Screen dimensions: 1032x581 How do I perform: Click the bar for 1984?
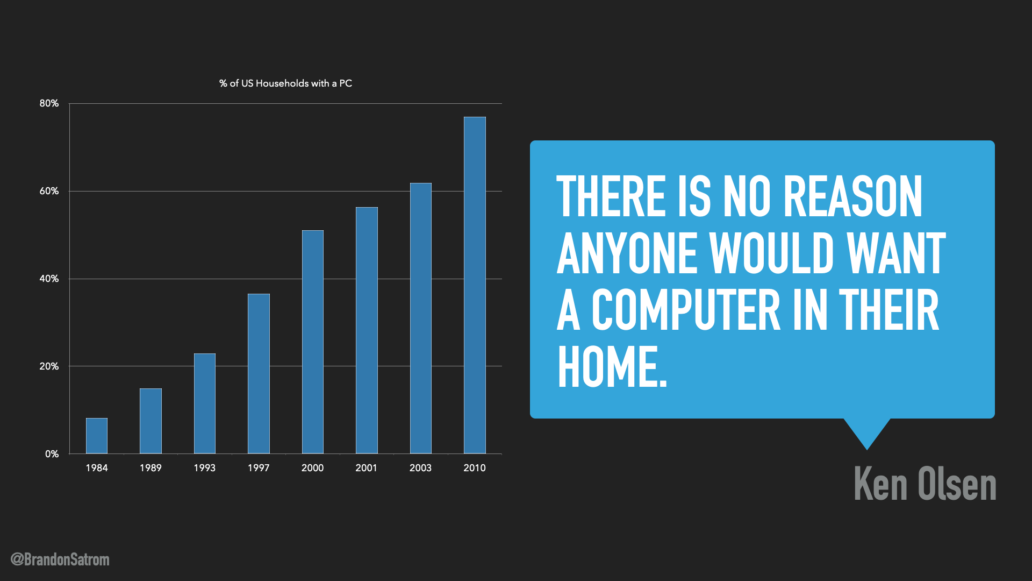click(x=97, y=436)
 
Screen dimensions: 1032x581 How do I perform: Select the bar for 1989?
click(x=150, y=421)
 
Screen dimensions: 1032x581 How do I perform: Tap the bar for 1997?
click(x=259, y=373)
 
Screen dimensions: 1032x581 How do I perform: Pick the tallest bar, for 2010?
click(x=475, y=285)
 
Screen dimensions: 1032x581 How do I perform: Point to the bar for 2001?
click(x=367, y=330)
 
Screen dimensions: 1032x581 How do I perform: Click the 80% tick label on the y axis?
click(x=49, y=103)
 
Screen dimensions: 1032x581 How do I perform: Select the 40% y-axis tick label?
click(x=49, y=279)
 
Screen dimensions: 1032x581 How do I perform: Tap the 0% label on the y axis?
click(x=52, y=454)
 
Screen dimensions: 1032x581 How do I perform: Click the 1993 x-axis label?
click(x=204, y=468)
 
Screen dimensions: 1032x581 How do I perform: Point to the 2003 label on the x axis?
click(x=420, y=468)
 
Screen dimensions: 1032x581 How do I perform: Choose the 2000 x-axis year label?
click(x=312, y=468)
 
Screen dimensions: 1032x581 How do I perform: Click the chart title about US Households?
click(x=285, y=83)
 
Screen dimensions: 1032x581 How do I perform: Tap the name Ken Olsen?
click(x=925, y=484)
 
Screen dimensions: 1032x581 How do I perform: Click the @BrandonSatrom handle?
click(x=60, y=559)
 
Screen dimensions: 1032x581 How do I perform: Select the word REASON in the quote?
click(x=853, y=196)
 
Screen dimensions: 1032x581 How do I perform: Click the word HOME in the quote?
click(x=612, y=366)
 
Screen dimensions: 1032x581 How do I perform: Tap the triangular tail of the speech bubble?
click(x=866, y=433)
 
